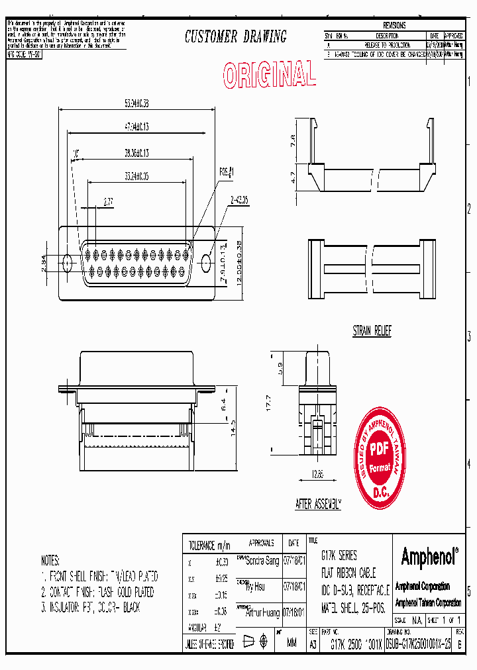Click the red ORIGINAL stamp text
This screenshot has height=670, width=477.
[x=268, y=75]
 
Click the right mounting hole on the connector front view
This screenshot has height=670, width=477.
[x=206, y=263]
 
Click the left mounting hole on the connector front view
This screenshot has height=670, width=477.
[x=67, y=263]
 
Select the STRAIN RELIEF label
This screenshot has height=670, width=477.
[x=372, y=331]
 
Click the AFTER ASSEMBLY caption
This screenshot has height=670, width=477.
[x=318, y=504]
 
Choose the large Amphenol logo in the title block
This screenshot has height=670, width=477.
[x=429, y=557]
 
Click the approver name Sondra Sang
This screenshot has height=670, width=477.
[x=262, y=561]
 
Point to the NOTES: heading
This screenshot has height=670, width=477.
[x=50, y=560]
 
